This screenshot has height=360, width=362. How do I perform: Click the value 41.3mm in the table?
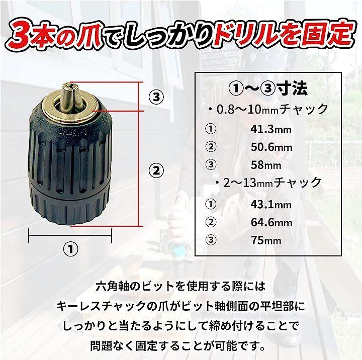pyautogui.click(x=271, y=129)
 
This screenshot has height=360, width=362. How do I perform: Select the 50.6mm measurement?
pyautogui.click(x=271, y=147)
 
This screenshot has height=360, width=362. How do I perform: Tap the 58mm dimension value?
pyautogui.click(x=266, y=165)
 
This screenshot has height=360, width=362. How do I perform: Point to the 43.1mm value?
pyautogui.click(x=271, y=205)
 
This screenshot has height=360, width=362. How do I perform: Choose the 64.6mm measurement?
pyautogui.click(x=271, y=222)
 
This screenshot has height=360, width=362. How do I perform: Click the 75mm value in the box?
pyautogui.click(x=266, y=240)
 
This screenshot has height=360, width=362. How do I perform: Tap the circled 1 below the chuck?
pyautogui.click(x=71, y=249)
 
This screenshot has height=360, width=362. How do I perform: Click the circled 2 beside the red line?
pyautogui.click(x=156, y=171)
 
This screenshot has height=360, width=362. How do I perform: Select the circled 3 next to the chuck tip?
pyautogui.click(x=156, y=97)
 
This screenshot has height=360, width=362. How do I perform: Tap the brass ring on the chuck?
pyautogui.click(x=72, y=115)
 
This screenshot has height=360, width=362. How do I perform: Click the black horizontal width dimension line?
pyautogui.click(x=70, y=236)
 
